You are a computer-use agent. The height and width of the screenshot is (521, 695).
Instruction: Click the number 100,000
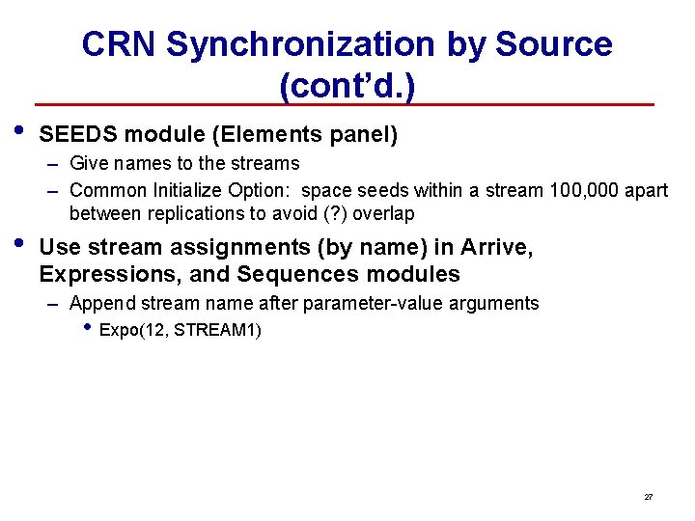pos(583,190)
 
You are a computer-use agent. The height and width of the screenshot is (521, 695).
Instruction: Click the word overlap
pos(383,213)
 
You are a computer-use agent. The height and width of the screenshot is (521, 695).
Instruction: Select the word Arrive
pos(497,247)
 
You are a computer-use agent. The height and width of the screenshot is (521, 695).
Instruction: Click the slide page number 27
pos(649,497)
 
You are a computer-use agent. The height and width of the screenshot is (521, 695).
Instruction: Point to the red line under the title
pos(345,104)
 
